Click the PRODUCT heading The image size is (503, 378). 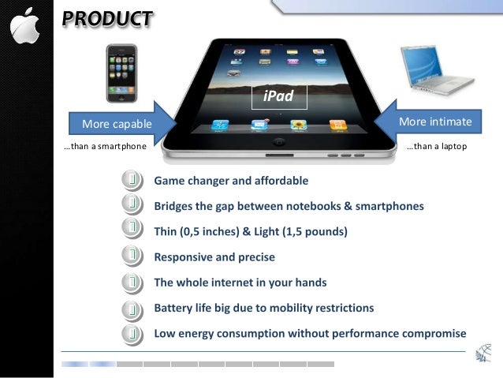(107, 18)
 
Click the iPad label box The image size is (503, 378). (278, 96)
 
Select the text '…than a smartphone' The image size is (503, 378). (105, 147)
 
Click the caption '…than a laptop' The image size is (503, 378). (436, 147)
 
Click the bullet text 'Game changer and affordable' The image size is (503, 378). (231, 181)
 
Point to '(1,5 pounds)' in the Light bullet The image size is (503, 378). (315, 232)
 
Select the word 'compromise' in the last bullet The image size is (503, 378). (431, 333)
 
